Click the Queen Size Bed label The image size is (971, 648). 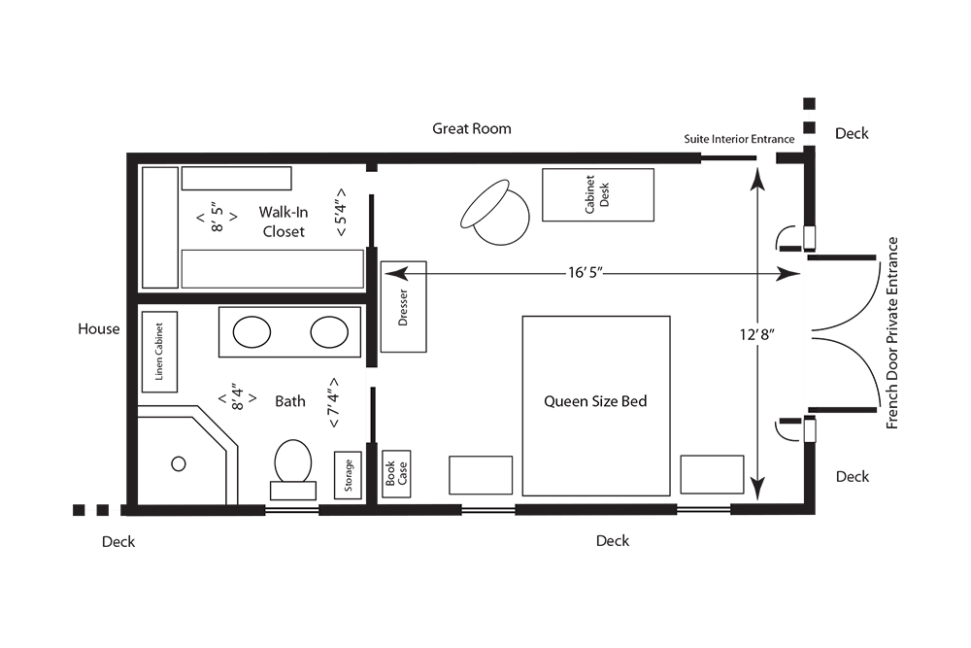[x=595, y=401]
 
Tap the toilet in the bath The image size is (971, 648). [x=293, y=469]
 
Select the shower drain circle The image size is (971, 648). [x=179, y=463]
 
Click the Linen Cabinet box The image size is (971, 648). [x=160, y=352]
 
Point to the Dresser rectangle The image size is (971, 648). [x=403, y=307]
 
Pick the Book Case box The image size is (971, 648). [x=396, y=474]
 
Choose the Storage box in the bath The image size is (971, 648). [x=348, y=475]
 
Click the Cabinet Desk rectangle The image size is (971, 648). [x=597, y=194]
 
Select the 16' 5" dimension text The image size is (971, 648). [x=586, y=273]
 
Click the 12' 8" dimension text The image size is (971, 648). [x=756, y=334]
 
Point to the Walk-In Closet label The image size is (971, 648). [x=284, y=222]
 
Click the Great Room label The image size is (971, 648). [x=472, y=129]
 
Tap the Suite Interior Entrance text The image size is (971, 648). [x=739, y=139]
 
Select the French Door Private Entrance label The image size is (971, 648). [x=891, y=333]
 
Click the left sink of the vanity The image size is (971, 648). [x=251, y=332]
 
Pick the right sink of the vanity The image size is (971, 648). [x=329, y=332]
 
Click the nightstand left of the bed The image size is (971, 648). [x=481, y=475]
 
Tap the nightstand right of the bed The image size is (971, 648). [x=712, y=474]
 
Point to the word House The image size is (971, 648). [x=99, y=329]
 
